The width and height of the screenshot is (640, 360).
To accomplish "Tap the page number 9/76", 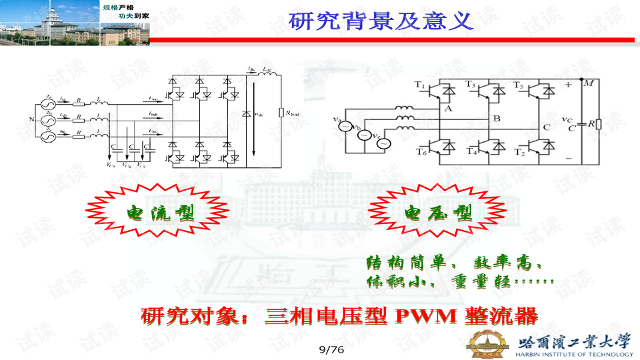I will coord(331,349).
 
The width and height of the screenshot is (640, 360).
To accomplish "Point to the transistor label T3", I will coord(470,85).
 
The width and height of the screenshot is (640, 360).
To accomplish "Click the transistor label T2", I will coord(519,151).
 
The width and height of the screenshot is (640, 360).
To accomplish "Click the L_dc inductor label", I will coord(266,69).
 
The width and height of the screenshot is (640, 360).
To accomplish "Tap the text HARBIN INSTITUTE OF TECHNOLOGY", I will coord(575,354).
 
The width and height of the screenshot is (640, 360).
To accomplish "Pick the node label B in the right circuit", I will coord(495,118).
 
